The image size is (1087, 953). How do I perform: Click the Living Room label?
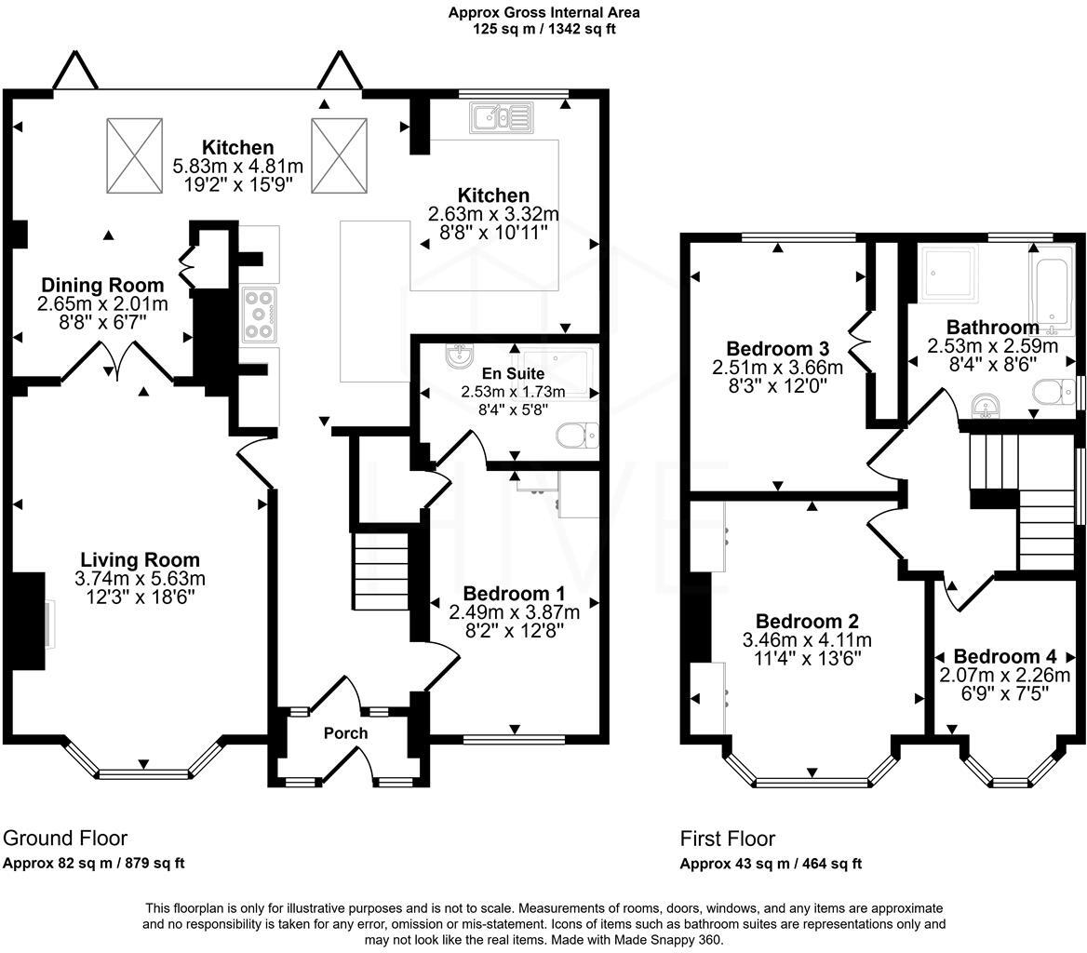point(140,559)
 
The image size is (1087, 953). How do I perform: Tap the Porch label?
point(345,732)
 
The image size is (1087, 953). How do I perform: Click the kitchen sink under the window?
point(500,118)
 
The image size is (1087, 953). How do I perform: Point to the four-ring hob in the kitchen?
point(260,314)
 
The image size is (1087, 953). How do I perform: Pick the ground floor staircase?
point(379,569)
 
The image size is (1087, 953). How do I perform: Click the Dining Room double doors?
point(117,362)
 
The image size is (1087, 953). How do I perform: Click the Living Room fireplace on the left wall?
point(33,621)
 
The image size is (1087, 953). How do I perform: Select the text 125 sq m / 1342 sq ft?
point(543,28)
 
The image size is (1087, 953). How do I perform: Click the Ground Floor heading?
point(65,838)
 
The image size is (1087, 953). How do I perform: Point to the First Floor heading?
point(727,839)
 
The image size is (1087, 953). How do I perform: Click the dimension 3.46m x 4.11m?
point(807,640)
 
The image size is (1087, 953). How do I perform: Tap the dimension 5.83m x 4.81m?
point(238,166)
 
